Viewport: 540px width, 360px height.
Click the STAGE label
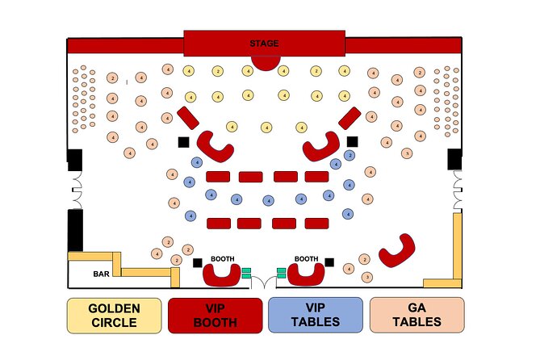265,43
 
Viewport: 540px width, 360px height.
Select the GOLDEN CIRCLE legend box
114,315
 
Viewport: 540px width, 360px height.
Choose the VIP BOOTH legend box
216,315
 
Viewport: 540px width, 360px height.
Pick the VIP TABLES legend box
316,315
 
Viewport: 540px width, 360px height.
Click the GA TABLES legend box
417,315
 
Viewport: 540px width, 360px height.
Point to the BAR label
101,274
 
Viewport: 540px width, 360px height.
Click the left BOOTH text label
223,259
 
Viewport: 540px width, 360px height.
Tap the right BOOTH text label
306,259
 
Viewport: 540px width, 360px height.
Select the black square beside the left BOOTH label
198,262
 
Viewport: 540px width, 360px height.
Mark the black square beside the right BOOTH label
329,262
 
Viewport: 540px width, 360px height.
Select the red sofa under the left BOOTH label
220,275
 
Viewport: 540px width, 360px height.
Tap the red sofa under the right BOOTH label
307,275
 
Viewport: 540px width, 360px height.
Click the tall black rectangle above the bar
74,228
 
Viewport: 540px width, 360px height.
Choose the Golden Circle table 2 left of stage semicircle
218,72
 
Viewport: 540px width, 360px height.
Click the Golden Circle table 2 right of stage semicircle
315,71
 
